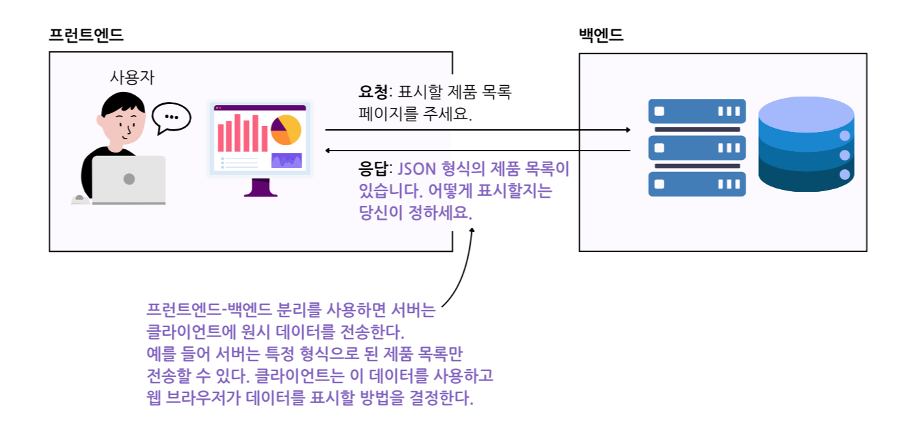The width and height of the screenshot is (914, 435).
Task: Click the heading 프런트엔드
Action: (x=86, y=35)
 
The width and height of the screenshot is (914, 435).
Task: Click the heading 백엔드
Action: (x=600, y=35)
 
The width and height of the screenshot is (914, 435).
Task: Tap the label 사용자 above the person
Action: (x=132, y=77)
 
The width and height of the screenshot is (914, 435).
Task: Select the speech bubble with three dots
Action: (x=171, y=117)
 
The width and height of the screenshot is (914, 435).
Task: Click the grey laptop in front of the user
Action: (x=128, y=179)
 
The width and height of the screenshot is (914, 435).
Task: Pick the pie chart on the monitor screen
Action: (x=286, y=130)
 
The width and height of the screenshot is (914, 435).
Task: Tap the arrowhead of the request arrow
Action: (x=627, y=130)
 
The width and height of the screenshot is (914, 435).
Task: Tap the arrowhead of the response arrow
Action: (x=329, y=151)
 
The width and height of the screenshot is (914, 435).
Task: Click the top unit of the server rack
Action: (x=697, y=111)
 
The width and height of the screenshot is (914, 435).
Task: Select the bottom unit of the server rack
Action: (x=697, y=185)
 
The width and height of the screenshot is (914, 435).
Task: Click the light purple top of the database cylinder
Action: (x=805, y=111)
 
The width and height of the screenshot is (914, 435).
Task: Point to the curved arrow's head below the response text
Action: (x=473, y=230)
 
